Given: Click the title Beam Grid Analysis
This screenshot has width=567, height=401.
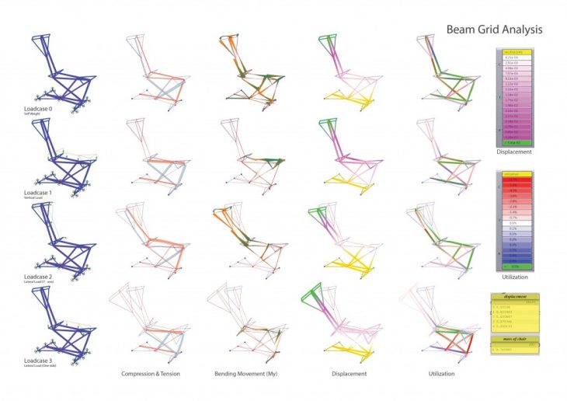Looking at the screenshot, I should click(x=494, y=30).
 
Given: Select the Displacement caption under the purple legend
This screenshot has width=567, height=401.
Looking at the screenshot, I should click(x=517, y=153).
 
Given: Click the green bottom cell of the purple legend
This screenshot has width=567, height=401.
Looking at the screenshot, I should click(x=517, y=144).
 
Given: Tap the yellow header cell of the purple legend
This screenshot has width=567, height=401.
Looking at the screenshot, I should click(x=517, y=51).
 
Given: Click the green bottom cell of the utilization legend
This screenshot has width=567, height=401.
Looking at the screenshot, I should click(x=517, y=267).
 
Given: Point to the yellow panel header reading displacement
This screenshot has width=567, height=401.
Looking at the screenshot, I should click(x=517, y=297).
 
